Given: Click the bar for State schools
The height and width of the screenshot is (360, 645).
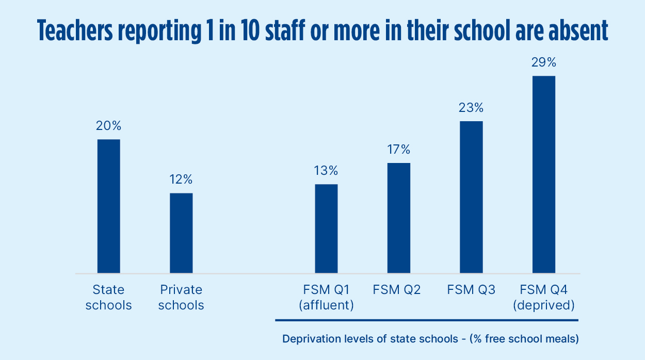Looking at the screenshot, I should pos(109,206).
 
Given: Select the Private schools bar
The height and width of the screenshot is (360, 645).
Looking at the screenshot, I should pos(181,233).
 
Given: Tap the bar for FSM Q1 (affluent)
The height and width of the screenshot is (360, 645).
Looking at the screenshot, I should pos(326,228).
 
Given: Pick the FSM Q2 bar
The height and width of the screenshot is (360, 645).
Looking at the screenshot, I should pos(399,218).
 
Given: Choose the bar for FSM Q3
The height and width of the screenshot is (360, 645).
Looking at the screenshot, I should pos(471,197).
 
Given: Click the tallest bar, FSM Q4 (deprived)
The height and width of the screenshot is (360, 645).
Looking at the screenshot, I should pos(544,174).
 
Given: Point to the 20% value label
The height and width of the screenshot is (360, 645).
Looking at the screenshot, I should pos(109,126).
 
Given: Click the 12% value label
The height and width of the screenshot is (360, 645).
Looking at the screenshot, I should pos(181,179).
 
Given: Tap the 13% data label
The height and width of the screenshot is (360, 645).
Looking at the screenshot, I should pos(326,171).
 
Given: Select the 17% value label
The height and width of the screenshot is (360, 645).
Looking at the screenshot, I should pos(399,150).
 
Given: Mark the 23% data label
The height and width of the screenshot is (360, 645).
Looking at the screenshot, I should pos(471,108).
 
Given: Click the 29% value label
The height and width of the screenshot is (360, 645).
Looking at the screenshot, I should pos(544,62).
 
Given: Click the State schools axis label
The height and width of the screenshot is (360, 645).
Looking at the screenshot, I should pos(109,298).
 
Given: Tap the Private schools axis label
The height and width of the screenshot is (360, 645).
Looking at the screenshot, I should pos(181,298).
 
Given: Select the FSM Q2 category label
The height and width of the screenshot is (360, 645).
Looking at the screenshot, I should pos(397,290).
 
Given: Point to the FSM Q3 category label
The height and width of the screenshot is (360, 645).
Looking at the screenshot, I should pos(471,290).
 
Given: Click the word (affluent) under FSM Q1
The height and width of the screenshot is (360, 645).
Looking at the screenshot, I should pos(326,305).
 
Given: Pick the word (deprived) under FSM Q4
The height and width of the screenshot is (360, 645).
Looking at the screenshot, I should pos(544,305).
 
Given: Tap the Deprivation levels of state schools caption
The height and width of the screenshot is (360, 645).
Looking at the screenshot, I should pos(430,339).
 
